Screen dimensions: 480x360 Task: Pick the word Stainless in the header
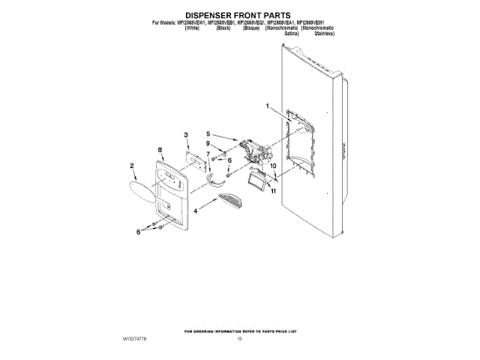(x=325, y=34)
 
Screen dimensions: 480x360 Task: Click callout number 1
(x=266, y=106)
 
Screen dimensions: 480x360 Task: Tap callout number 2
(x=132, y=166)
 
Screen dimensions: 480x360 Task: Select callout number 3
(x=187, y=134)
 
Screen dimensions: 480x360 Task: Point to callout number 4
(x=196, y=212)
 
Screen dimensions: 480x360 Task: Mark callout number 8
(x=160, y=150)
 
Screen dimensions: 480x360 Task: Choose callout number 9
(x=208, y=143)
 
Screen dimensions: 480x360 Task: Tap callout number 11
(x=274, y=192)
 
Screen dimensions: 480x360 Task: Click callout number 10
(x=273, y=166)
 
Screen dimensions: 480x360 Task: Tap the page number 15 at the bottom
(x=239, y=340)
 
